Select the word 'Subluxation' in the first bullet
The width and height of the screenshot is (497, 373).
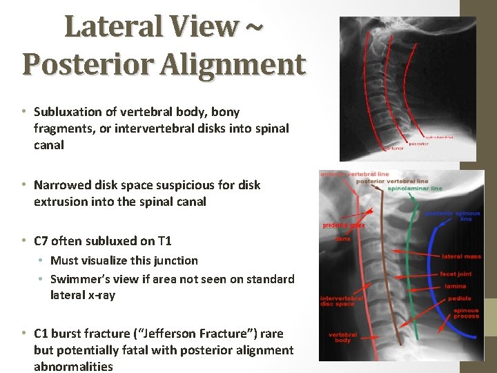tap(69, 112)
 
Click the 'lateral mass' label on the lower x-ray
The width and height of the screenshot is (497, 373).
tap(462, 257)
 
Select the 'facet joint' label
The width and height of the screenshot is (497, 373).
tap(456, 274)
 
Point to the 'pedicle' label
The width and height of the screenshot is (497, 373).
tap(460, 298)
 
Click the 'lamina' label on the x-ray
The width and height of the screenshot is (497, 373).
tap(455, 285)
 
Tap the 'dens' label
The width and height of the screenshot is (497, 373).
tap(343, 239)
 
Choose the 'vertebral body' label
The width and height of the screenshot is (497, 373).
tap(342, 338)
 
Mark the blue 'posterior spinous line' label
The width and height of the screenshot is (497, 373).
tap(453, 216)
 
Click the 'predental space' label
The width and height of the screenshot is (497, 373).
tap(344, 225)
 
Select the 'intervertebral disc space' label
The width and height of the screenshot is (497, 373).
tap(338, 301)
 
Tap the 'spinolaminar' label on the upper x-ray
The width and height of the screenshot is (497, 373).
tap(438, 137)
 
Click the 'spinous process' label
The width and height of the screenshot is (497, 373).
tap(465, 314)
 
